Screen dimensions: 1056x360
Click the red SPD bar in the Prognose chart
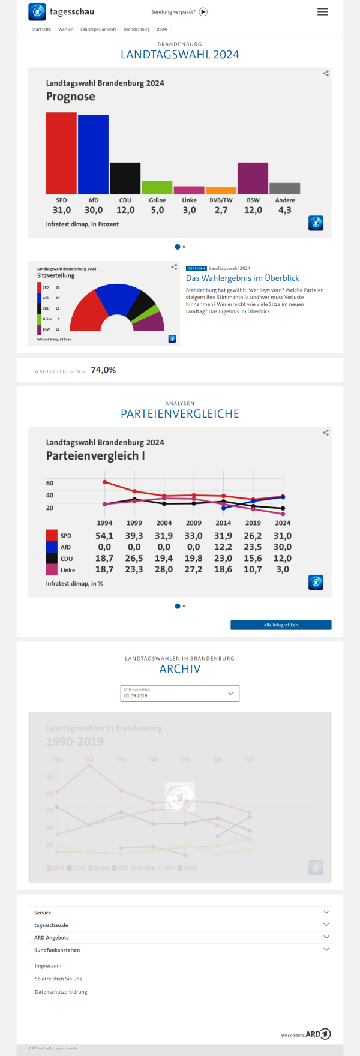point(61,153)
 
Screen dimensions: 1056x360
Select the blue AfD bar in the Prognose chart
point(93,154)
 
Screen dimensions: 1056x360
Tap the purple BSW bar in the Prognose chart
point(253,178)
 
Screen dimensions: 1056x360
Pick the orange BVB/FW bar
point(221,191)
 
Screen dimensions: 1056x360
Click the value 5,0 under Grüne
point(157,211)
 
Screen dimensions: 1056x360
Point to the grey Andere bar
point(284,188)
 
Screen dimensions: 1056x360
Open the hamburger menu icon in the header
point(323,12)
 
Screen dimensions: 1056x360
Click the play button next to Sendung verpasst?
point(203,12)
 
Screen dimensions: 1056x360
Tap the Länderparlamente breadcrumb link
point(98,29)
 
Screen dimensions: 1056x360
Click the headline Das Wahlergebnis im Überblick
point(242,278)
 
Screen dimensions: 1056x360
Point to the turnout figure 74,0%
point(103,370)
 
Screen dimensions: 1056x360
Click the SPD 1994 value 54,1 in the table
point(104,536)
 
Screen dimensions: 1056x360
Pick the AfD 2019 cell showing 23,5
point(253,547)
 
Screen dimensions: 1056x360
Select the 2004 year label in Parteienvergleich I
point(164,523)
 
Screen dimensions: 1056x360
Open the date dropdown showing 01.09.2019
point(180,694)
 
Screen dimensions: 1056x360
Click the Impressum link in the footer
point(48,966)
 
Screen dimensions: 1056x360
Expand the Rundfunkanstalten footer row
point(180,950)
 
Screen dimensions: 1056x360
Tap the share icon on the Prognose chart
point(326,73)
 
